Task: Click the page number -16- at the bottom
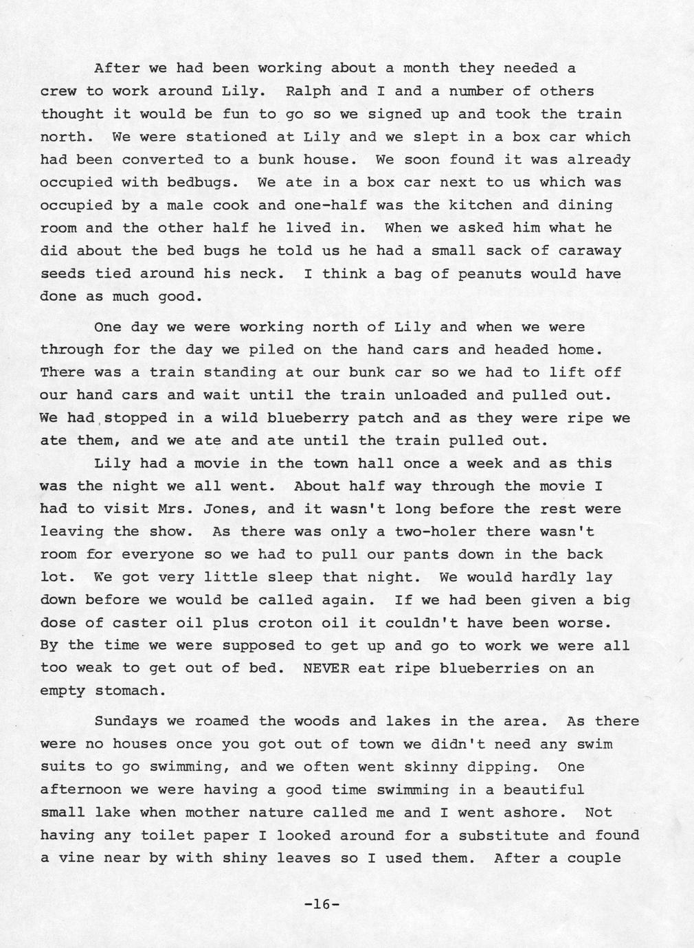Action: [322, 905]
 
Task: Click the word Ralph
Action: [308, 91]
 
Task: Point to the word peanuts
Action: [493, 273]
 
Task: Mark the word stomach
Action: [131, 690]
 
